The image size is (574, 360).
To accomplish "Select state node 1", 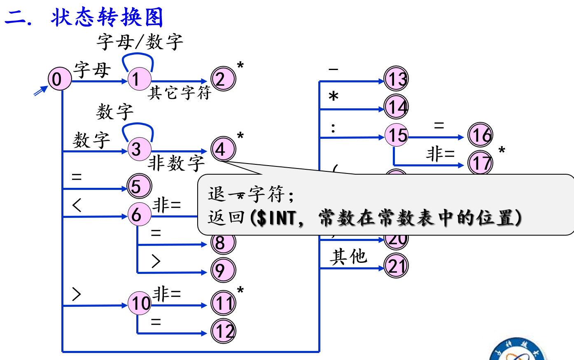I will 139,79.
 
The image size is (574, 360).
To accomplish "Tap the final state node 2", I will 223,79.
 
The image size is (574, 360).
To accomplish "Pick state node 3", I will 139,149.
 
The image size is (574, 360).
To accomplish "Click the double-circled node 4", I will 223,149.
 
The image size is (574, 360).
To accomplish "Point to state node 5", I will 139,186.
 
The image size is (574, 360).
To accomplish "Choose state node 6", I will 139,215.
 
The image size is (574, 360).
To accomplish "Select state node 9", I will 223,270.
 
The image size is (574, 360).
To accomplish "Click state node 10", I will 140,303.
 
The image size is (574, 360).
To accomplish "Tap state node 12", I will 223,331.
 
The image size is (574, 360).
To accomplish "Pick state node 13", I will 396,79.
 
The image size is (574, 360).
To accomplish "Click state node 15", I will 396,135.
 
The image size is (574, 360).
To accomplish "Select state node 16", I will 480,135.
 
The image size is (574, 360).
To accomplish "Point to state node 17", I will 480,163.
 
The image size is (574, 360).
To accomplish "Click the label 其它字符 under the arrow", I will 180,93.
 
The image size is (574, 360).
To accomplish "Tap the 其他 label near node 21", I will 348,257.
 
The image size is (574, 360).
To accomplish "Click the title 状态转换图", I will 107,17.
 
